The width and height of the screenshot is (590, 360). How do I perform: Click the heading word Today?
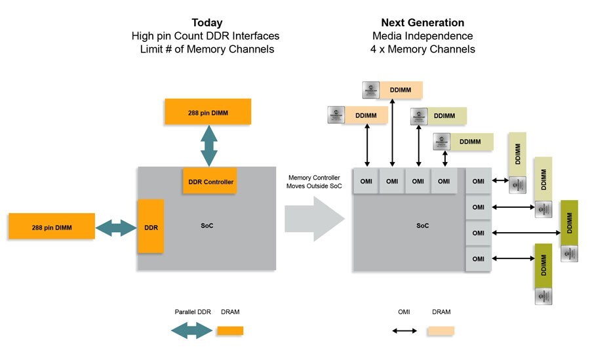click(x=207, y=23)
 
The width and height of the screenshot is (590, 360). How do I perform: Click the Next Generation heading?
click(x=422, y=23)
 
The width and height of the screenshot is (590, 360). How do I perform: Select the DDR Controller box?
click(x=208, y=181)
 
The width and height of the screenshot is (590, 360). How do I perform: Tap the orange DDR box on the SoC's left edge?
click(x=150, y=226)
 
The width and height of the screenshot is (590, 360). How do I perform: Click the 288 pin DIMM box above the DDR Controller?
click(x=208, y=111)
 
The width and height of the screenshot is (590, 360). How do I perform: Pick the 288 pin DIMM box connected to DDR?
click(x=52, y=227)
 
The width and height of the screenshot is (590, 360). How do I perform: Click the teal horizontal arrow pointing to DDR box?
click(x=117, y=227)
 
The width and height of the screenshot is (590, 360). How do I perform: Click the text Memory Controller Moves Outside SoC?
click(x=313, y=182)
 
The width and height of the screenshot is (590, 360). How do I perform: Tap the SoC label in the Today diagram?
click(x=207, y=226)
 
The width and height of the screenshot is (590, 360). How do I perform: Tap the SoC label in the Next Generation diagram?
click(x=423, y=226)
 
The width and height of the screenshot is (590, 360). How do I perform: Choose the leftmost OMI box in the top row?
click(x=366, y=182)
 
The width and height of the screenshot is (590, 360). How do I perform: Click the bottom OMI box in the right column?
click(x=479, y=258)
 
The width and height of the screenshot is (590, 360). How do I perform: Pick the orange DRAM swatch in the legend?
click(x=230, y=330)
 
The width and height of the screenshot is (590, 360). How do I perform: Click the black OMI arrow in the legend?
click(x=404, y=330)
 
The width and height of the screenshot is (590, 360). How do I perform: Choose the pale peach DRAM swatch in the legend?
click(x=441, y=330)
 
